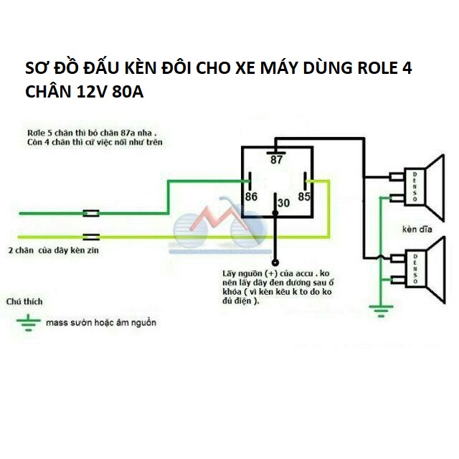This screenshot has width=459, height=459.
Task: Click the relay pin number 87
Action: [x=276, y=160]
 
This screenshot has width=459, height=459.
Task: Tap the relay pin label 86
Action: [x=251, y=197]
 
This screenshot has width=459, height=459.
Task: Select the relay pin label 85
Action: [x=304, y=197]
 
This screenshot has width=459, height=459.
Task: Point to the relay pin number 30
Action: [x=283, y=203]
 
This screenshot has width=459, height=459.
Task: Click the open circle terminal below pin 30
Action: [x=275, y=262]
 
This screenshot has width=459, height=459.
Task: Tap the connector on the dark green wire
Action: [x=91, y=214]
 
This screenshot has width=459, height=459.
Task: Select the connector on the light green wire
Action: [x=91, y=237]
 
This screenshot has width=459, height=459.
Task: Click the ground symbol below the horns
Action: [x=381, y=311]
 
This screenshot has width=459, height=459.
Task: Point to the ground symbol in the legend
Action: [x=29, y=323]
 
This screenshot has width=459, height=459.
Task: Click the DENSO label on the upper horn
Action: [x=415, y=186]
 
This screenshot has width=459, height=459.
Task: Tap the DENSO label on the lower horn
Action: [x=415, y=269]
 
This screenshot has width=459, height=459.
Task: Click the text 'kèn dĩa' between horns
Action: [x=417, y=229]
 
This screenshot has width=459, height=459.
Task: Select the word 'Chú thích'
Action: [x=24, y=301]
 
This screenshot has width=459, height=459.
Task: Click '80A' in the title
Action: [x=128, y=92]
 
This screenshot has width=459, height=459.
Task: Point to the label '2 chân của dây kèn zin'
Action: [x=54, y=250]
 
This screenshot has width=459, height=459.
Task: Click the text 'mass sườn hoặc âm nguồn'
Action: [x=101, y=323]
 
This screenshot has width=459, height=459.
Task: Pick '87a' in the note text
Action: [x=128, y=133]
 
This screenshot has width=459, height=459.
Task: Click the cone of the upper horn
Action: [x=435, y=188]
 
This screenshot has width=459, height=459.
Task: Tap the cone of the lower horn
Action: [x=435, y=270]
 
